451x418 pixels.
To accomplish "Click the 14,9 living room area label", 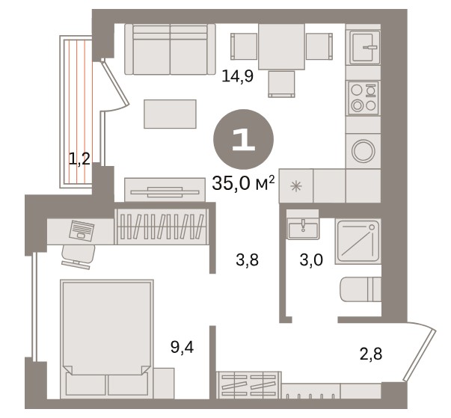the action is coord(238,77).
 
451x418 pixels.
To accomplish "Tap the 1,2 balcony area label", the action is coord(80,159).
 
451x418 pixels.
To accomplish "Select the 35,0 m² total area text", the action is coord(243,183).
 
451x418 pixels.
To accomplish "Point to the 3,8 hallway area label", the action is coord(248,260).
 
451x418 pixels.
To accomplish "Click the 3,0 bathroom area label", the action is coord(311,260).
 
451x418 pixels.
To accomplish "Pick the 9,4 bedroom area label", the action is coord(182,348).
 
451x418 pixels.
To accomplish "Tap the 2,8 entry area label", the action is coord(371,354).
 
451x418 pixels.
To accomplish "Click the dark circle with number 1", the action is coord(243,140).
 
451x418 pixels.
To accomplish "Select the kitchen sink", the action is coord(364,47).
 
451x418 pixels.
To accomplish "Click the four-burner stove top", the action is coord(363,98).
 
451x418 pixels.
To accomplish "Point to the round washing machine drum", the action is coord(363,151).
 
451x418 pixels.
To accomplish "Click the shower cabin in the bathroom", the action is coord(358,242).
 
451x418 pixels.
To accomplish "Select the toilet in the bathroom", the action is coord(361,289).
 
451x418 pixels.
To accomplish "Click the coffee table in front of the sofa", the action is coord(170,114).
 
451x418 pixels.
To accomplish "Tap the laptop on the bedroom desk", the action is coord(82,230).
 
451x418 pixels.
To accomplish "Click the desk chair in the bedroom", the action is coord(78,256).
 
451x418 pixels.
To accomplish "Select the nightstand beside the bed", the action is coord(164,383).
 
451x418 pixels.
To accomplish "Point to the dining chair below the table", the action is coord(281,84).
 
